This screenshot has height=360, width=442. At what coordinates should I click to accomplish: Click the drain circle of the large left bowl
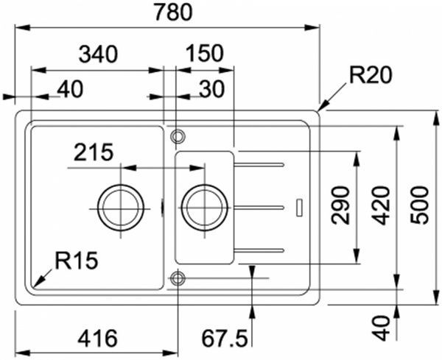(x=120, y=206)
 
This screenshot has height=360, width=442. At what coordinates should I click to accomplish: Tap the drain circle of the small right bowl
(x=204, y=206)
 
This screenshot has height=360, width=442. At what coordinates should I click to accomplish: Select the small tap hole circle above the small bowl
(x=177, y=137)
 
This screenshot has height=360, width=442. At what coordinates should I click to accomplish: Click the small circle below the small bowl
(x=177, y=278)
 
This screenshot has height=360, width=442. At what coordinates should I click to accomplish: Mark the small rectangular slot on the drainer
(x=298, y=207)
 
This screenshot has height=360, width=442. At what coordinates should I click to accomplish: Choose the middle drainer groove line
(x=259, y=208)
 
